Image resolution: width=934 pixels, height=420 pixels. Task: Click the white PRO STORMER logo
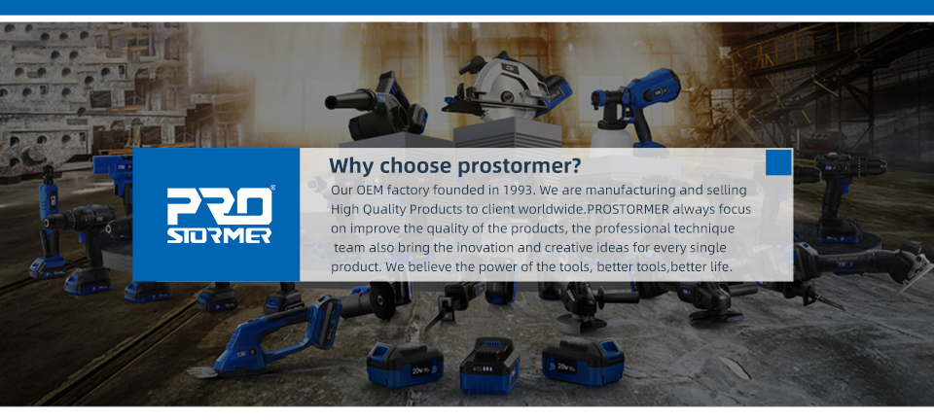[219, 216]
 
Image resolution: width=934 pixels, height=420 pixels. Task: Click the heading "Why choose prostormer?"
[454, 166]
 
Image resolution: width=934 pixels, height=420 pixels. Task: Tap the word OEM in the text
[371, 191]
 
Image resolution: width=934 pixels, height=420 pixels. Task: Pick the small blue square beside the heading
[778, 162]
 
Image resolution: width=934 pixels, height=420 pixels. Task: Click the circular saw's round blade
[503, 89]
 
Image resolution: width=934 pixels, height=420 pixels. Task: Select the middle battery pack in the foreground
[489, 366]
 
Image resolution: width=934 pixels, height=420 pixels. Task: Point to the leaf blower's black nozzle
[348, 100]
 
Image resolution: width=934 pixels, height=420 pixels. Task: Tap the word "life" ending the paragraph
[720, 267]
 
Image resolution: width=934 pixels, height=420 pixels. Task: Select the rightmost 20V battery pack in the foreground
[583, 363]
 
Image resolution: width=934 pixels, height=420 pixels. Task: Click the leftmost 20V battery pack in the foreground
[405, 365]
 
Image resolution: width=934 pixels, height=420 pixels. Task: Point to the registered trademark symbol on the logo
[272, 188]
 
